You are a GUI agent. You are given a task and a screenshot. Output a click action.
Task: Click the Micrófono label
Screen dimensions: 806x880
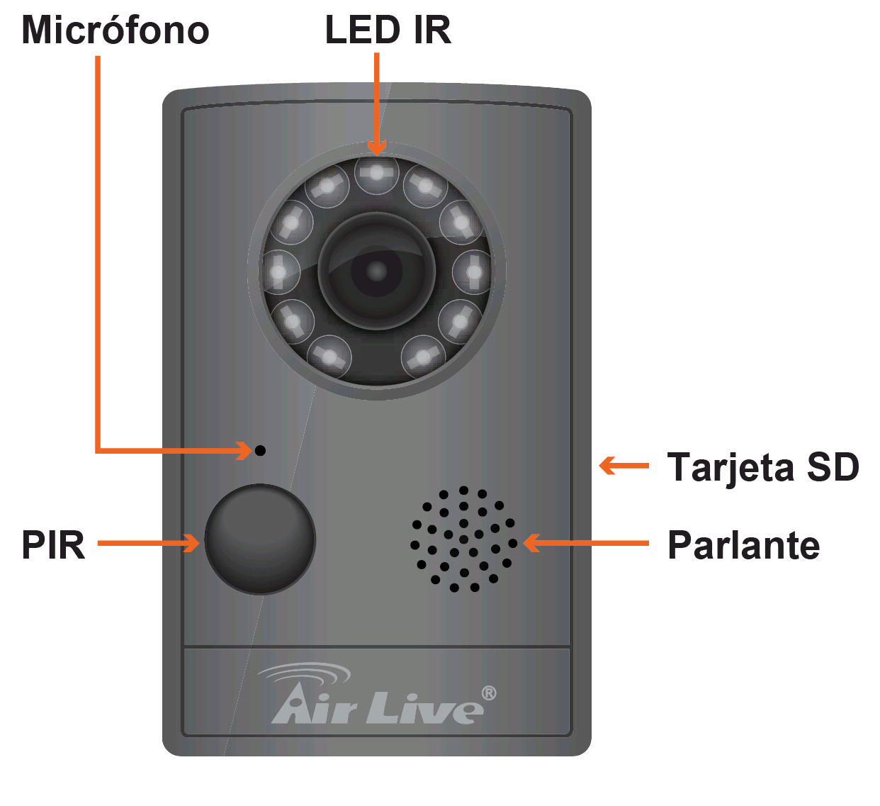pyautogui.click(x=115, y=30)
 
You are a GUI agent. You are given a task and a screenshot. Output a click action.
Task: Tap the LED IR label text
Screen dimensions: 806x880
pyautogui.click(x=388, y=30)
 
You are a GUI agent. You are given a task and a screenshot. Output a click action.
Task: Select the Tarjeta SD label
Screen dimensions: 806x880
pyautogui.click(x=763, y=467)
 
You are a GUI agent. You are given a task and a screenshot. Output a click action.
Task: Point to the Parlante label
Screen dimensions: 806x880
pyautogui.click(x=743, y=545)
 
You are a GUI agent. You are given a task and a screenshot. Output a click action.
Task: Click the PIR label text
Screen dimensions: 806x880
pyautogui.click(x=53, y=545)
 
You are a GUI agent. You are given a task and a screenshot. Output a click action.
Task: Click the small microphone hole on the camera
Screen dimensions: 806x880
pyautogui.click(x=260, y=450)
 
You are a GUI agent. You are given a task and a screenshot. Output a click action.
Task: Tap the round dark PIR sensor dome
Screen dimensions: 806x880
pyautogui.click(x=260, y=539)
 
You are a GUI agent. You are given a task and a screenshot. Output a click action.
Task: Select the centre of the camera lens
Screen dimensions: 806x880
pyautogui.click(x=376, y=271)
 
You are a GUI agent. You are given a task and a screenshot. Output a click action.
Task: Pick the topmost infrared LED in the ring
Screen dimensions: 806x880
pyautogui.click(x=377, y=173)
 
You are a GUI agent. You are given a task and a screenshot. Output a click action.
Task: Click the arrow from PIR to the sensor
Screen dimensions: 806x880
pyautogui.click(x=148, y=543)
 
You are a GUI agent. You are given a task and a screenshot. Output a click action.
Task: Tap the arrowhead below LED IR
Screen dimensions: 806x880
pyautogui.click(x=377, y=147)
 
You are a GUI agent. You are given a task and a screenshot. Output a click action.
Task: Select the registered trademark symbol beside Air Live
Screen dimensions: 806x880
pyautogui.click(x=489, y=693)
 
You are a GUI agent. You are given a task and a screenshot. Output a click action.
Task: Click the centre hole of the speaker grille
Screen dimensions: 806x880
pyautogui.click(x=463, y=539)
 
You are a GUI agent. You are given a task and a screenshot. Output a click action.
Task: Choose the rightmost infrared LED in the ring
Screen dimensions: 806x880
pyautogui.click(x=473, y=272)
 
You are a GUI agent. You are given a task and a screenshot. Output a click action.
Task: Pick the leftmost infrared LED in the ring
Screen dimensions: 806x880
pyautogui.click(x=280, y=272)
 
